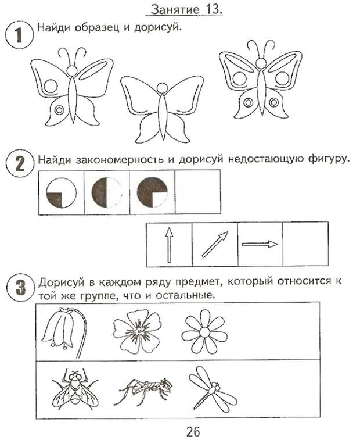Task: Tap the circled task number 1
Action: tap(19, 35)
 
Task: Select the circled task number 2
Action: tap(19, 163)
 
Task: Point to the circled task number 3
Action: tap(20, 288)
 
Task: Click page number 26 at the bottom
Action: tap(193, 431)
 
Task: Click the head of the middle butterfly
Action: tap(162, 88)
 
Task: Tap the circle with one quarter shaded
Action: tap(61, 192)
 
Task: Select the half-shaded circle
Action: tap(107, 192)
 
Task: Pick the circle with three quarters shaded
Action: tap(153, 192)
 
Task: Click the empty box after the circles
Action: tap(197, 192)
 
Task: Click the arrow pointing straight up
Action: tap(169, 245)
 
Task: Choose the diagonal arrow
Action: tap(215, 244)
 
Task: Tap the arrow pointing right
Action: tap(260, 244)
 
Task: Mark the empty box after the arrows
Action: tap(305, 244)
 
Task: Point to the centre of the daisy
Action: tap(204, 333)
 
